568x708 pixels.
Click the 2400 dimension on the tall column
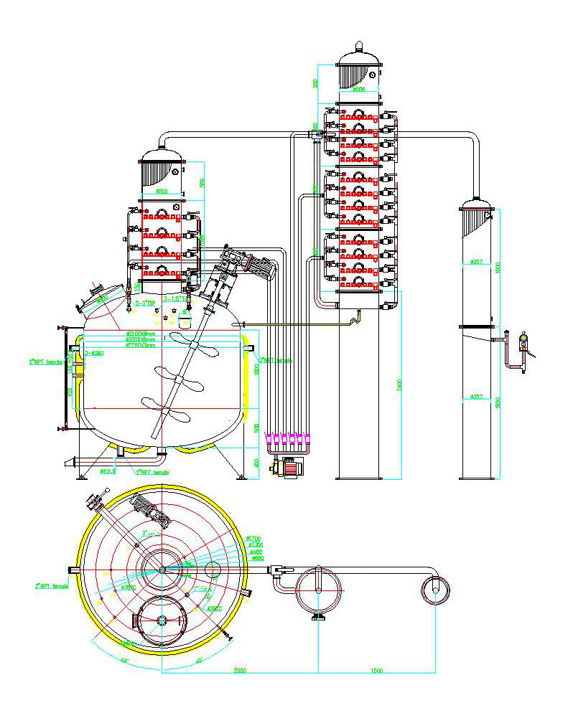(399, 384)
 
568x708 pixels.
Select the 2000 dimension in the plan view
(240, 670)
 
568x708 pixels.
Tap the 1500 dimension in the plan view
(376, 670)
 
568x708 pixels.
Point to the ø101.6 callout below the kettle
(108, 472)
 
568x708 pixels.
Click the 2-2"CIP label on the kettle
(146, 303)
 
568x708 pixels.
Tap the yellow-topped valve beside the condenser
(523, 339)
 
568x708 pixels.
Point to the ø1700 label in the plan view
(253, 538)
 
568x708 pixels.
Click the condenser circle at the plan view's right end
(435, 590)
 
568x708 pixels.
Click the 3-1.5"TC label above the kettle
(175, 298)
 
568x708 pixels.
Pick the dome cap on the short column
(162, 156)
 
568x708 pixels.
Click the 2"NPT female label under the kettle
(152, 473)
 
